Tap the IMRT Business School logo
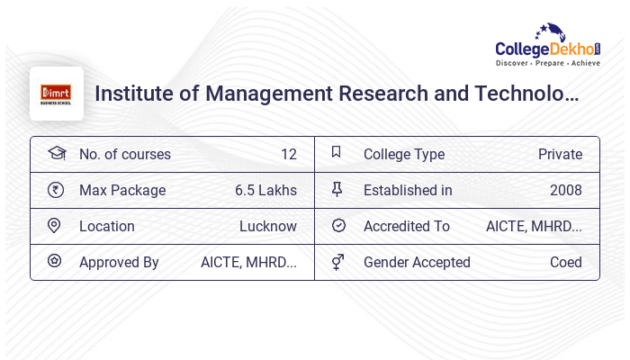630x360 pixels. pos(56,94)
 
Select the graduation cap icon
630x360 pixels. pos(56,153)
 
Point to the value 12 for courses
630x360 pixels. pos(288,154)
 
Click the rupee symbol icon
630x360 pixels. pos(56,190)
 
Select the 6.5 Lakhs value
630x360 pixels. pos(265,190)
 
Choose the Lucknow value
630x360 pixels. pos(267,226)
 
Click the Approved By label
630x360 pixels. pos(119,262)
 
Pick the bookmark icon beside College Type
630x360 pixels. pos(337,153)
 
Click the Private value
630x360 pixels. pos(560,154)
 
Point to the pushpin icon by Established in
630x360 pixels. pos(337,189)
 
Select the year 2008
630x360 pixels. pos(565,190)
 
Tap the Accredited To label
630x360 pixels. pos(406,226)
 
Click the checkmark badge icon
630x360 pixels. pos(338,226)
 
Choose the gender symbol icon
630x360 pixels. pos(337,262)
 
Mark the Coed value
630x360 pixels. pos(565,262)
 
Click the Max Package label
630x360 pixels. pos(122,190)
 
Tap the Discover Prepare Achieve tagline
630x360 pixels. pos(548,64)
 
